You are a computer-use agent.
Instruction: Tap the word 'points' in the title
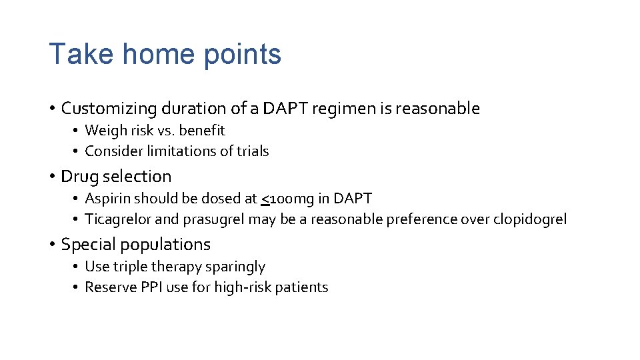(x=243, y=55)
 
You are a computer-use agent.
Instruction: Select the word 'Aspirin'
(x=107, y=199)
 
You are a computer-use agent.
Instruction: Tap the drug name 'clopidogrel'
(x=530, y=219)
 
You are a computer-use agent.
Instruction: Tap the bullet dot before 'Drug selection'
(x=51, y=177)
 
